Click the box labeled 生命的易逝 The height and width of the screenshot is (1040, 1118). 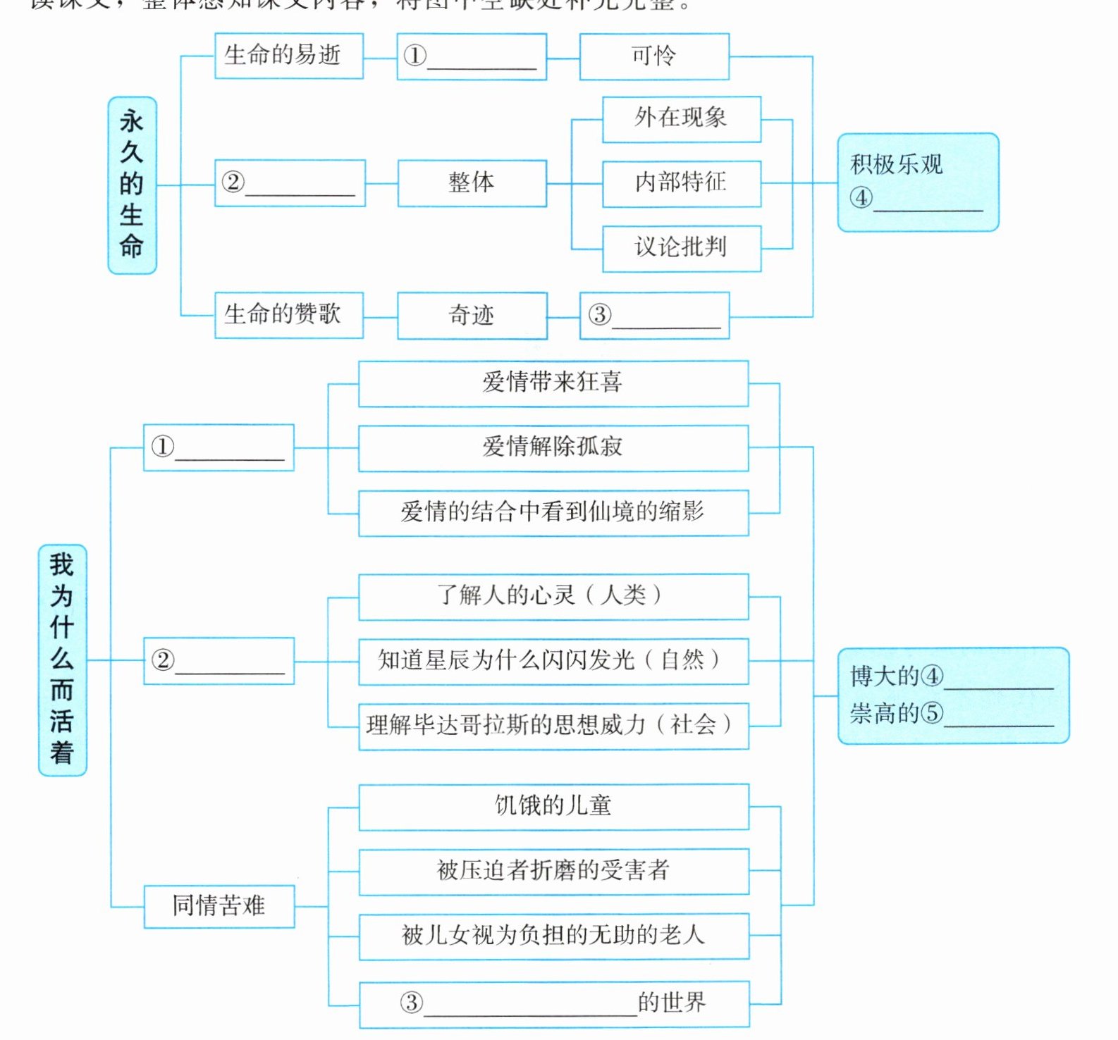[x=289, y=56]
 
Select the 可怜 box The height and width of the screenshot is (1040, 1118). [x=653, y=56]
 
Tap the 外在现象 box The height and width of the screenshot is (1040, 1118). [x=681, y=119]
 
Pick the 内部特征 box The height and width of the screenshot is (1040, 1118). [x=681, y=183]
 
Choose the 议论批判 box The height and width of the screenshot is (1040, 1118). [x=681, y=248]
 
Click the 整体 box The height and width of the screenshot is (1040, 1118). [x=472, y=183]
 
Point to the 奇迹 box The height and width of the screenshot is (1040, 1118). [x=472, y=315]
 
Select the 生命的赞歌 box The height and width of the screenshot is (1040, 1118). [x=289, y=315]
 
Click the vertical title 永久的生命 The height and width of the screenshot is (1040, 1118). [x=132, y=185]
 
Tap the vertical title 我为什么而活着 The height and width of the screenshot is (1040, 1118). [x=62, y=660]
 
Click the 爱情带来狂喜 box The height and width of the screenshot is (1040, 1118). [x=553, y=383]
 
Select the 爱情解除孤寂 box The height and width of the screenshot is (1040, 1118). [x=553, y=447]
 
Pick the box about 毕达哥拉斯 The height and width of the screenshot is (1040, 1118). [x=553, y=726]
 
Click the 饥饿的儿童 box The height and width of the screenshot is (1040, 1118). [x=553, y=806]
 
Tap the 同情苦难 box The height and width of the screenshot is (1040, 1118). [x=219, y=906]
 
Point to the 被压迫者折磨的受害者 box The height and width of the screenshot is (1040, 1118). [x=553, y=872]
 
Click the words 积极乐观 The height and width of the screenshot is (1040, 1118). [x=897, y=165]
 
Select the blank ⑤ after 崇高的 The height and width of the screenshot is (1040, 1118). [x=999, y=714]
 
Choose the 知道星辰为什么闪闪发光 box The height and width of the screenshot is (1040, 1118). [x=553, y=661]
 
